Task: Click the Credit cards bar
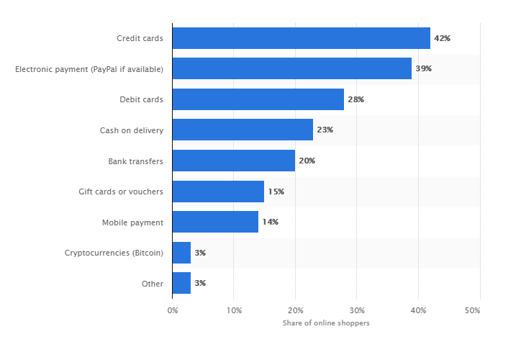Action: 301,38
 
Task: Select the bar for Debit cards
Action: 258,99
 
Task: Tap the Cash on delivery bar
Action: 243,130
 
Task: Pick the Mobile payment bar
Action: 215,222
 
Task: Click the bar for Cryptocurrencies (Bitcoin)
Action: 181,253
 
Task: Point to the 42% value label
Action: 442,38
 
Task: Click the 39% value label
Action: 423,69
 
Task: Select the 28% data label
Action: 355,99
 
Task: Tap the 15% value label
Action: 276,192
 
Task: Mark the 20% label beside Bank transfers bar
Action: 307,161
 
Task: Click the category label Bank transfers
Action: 136,161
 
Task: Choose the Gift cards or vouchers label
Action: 121,192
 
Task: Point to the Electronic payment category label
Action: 89,69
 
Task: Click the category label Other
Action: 153,284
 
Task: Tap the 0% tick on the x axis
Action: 173,310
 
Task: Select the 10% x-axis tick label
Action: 234,310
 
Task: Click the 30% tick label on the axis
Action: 357,310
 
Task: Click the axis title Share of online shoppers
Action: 326,323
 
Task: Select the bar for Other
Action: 181,283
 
